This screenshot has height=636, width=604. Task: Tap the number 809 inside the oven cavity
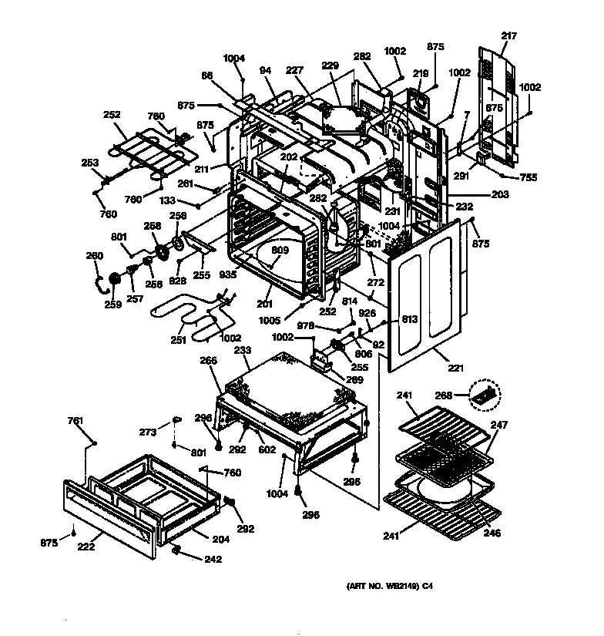[278, 250]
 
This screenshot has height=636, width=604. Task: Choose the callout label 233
[242, 350]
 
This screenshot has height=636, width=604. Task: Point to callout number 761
[75, 420]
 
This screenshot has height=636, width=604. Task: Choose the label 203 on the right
[499, 195]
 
